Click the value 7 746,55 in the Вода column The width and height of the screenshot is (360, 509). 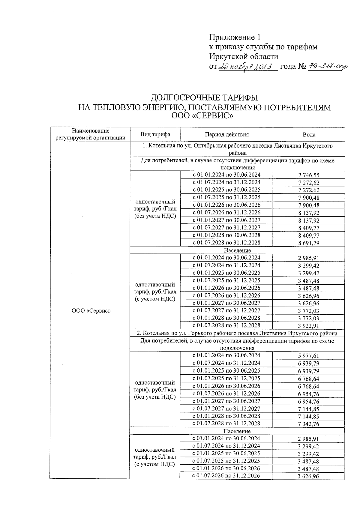[x=309, y=175]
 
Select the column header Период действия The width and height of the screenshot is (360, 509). [x=226, y=134]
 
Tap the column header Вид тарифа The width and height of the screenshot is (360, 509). [x=155, y=134]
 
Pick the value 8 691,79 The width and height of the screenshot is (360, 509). [x=309, y=243]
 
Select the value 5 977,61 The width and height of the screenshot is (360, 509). [x=309, y=356]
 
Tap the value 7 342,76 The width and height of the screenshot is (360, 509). [x=309, y=424]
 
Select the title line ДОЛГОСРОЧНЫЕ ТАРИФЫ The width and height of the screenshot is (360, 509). [x=204, y=98]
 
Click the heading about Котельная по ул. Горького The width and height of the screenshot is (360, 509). [x=237, y=333]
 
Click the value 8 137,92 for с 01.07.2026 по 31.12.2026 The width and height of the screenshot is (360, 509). [x=309, y=213]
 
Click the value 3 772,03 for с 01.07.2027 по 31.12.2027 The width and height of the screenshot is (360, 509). [x=309, y=311]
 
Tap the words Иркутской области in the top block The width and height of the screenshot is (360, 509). [x=244, y=56]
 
